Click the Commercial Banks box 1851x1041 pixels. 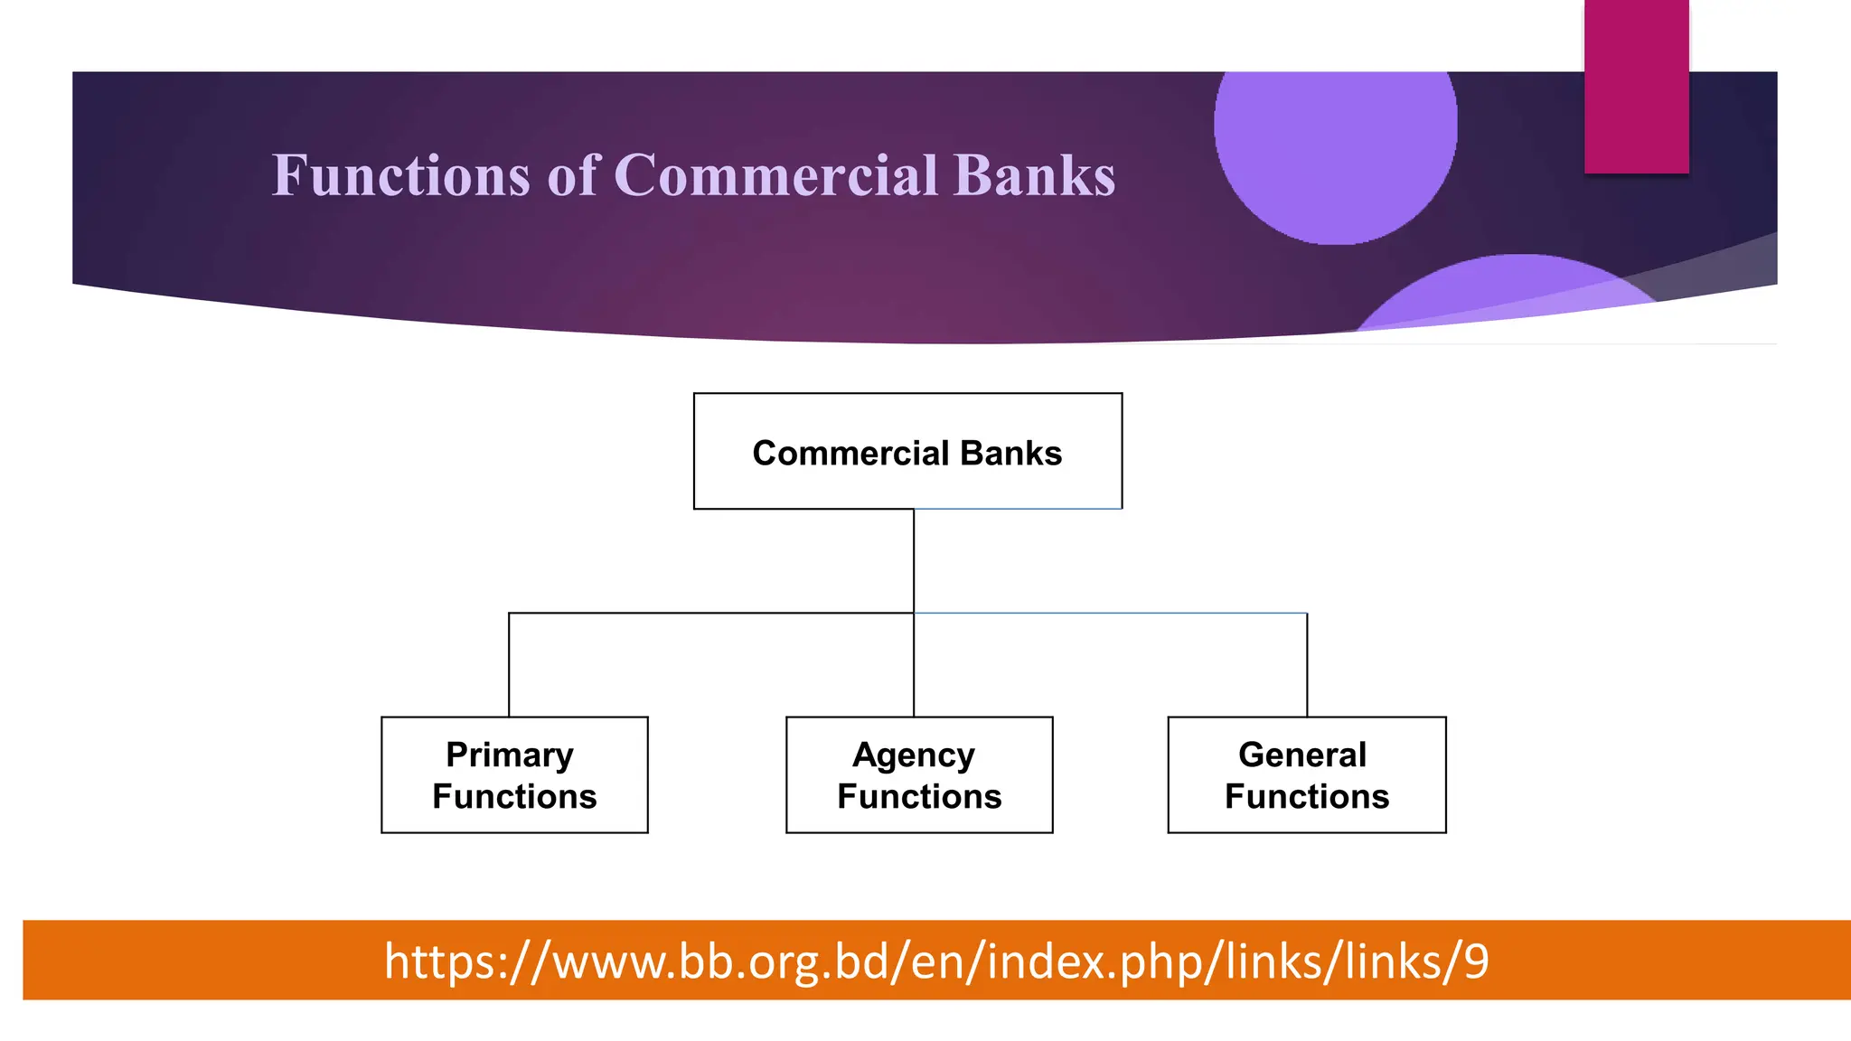[907, 451]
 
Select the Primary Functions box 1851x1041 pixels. [514, 774]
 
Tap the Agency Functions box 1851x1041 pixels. [919, 774]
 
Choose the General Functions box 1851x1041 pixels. [1306, 774]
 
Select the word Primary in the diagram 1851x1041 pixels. [510, 755]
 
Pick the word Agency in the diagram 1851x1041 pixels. [914, 755]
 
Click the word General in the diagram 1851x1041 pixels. [1302, 755]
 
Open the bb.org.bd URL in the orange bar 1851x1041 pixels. [936, 961]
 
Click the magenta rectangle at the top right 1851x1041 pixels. [1636, 86]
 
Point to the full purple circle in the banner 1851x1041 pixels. [1335, 136]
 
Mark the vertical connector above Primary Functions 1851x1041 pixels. [509, 665]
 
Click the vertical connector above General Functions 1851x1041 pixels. [1307, 665]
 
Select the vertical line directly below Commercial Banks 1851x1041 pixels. [914, 560]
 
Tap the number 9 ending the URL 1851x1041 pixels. [1476, 961]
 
